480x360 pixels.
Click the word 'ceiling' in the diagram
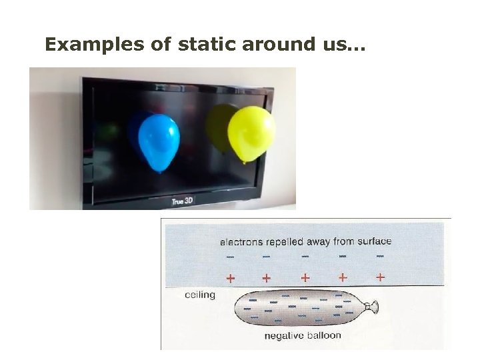point(199,295)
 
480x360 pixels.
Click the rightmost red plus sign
point(380,276)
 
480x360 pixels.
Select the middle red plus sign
point(305,277)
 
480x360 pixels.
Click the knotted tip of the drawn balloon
point(374,307)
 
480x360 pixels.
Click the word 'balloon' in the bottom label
point(325,335)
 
